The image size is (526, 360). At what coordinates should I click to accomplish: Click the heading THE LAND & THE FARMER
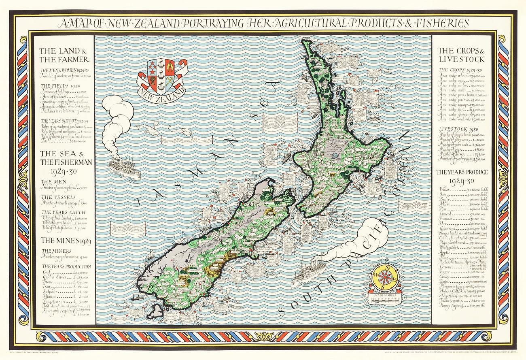(64, 55)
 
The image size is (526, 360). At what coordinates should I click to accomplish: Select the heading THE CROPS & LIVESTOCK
(461, 55)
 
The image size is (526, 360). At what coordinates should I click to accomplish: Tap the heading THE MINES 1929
(65, 241)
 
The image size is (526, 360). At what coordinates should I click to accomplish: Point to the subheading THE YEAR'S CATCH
(59, 212)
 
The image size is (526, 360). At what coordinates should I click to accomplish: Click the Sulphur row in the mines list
(65, 291)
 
